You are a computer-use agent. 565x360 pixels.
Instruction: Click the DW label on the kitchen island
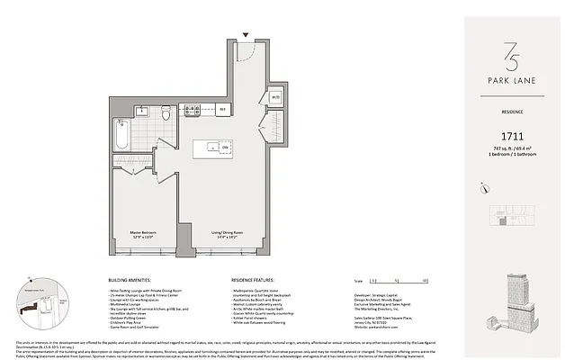[x=224, y=148]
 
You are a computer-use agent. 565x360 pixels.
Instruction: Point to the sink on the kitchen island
[x=211, y=146]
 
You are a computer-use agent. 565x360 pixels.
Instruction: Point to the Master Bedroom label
[x=133, y=233]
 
